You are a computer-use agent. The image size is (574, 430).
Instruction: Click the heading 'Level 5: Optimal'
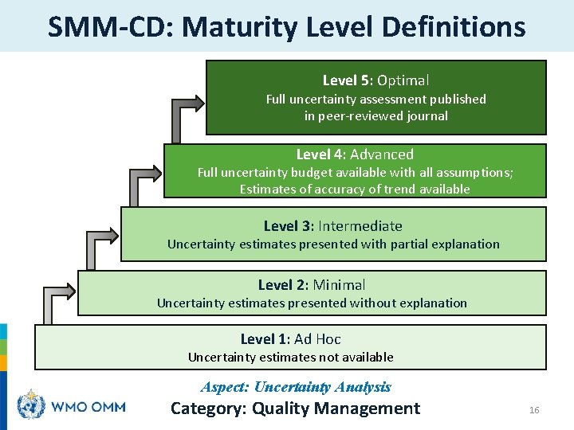pos(375,80)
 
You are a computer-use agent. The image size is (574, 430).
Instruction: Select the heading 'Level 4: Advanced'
pos(355,154)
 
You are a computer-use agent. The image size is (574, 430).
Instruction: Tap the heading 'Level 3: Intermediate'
pos(333,226)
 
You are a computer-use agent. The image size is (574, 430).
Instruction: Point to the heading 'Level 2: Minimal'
pos(312,285)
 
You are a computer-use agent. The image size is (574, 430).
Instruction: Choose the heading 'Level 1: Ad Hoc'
pos(290,339)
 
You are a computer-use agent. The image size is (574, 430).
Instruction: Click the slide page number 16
pos(534,410)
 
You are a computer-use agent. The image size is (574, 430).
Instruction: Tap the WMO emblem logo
pos(32,406)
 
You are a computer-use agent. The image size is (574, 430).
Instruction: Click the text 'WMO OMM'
pos(88,407)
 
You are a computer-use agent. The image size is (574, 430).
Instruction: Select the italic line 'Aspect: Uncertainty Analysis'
pos(296,388)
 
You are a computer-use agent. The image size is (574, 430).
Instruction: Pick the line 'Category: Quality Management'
pos(295,409)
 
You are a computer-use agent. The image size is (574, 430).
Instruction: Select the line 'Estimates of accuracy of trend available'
pos(355,190)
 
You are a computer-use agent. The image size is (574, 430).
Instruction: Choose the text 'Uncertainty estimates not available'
pos(290,358)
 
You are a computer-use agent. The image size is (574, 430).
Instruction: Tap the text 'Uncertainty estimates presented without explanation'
pos(312,303)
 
